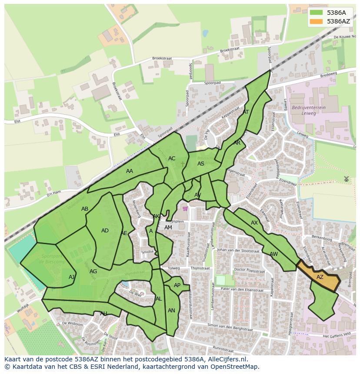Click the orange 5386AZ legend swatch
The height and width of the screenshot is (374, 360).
pos(317,21)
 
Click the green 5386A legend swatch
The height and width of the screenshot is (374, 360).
pos(317,13)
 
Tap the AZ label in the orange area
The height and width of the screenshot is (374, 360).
pos(320,277)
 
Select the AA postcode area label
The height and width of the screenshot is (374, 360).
pos(130,171)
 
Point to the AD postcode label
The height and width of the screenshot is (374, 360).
pos(105,231)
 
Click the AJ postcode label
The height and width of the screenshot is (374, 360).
pos(72,277)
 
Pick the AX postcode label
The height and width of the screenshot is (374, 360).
pos(254,223)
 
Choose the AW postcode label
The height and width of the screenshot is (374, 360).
pos(273,254)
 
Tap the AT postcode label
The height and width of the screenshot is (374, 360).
pos(246,112)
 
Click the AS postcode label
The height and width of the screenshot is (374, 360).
pos(201,164)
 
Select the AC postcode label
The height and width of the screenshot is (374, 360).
pos(172,159)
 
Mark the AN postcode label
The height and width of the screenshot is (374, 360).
pos(171,311)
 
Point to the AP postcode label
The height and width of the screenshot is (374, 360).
pos(177,285)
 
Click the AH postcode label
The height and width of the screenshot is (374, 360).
pos(103,314)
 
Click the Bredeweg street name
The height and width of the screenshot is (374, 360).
pos(328,75)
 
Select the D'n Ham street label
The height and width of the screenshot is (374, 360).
pos(54,192)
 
